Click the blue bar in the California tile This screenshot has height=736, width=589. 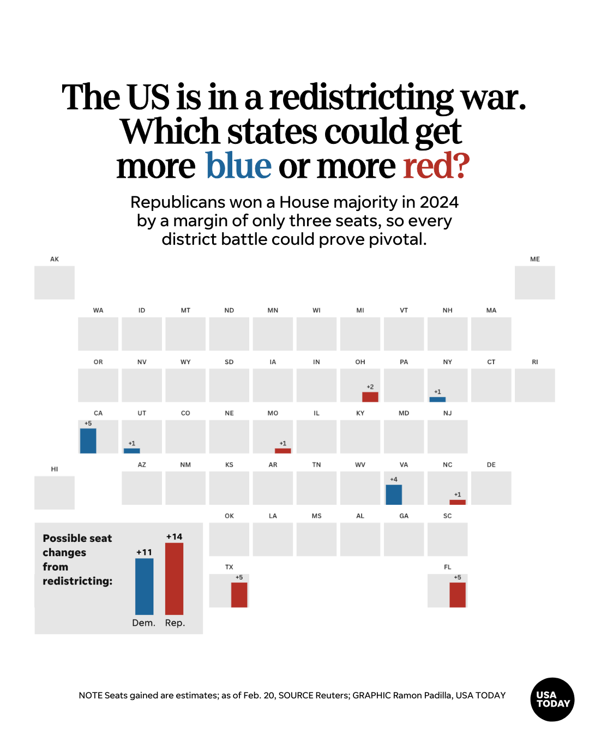[x=88, y=441]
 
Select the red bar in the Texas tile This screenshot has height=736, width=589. [x=239, y=595]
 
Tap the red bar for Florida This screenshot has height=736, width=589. [x=458, y=595]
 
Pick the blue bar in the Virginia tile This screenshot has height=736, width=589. [x=394, y=494]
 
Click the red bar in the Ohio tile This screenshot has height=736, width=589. [x=370, y=397]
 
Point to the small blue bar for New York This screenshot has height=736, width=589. [x=437, y=400]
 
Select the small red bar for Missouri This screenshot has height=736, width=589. [x=283, y=451]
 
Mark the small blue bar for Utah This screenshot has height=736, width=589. [x=131, y=451]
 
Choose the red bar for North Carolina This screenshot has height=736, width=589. [x=458, y=502]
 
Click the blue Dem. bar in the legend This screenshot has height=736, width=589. [x=144, y=587]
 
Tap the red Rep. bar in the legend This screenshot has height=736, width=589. [x=174, y=579]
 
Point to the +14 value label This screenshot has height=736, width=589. [x=174, y=537]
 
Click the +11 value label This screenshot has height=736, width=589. [x=144, y=552]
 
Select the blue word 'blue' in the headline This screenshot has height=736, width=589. [x=238, y=166]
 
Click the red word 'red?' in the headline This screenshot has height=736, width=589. [x=436, y=166]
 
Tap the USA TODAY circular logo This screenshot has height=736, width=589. [x=552, y=699]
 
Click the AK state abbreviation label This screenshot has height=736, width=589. [x=55, y=259]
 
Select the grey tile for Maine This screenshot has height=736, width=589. [x=534, y=282]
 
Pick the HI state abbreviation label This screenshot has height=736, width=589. [x=55, y=469]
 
